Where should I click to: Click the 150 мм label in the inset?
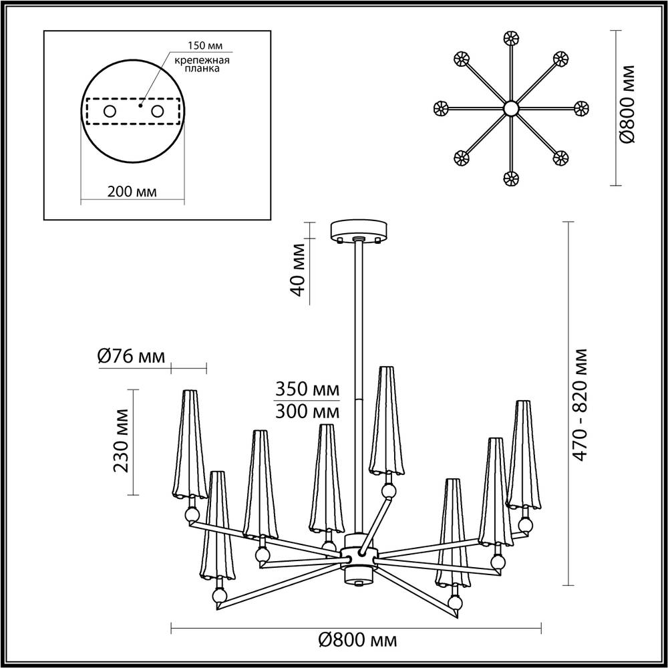[x=206, y=46]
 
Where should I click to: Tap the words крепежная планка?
[x=202, y=64]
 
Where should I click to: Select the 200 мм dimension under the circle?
[x=132, y=192]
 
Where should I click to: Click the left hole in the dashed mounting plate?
[x=110, y=112]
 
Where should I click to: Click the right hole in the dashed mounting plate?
[x=158, y=112]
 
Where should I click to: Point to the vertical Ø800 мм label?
[x=627, y=104]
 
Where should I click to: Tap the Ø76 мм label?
[x=131, y=356]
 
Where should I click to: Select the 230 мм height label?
[x=122, y=440]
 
